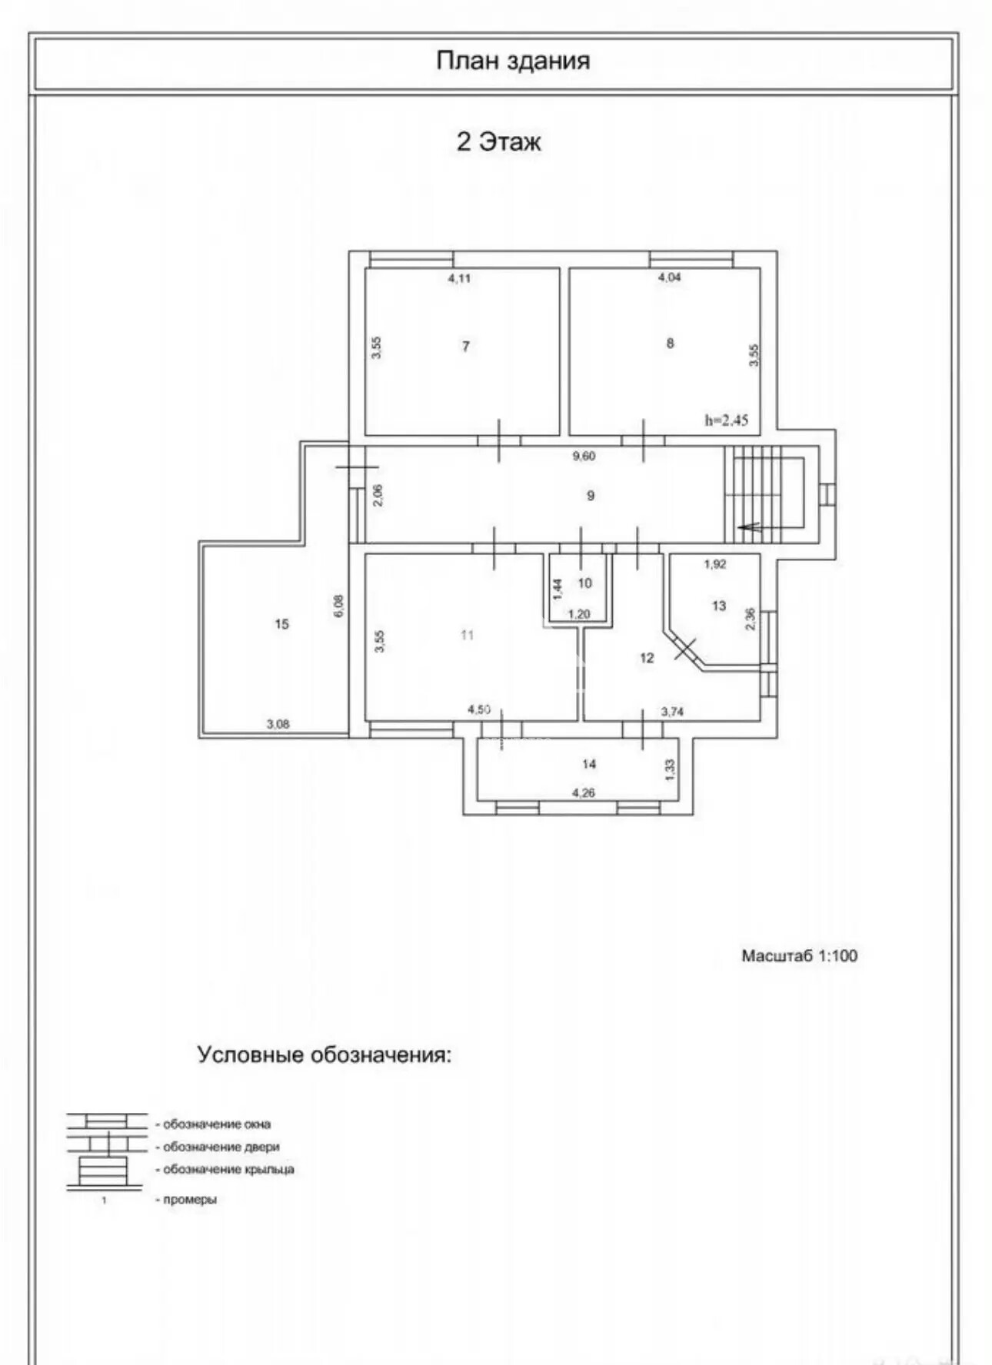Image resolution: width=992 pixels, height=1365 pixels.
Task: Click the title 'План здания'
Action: click(x=513, y=61)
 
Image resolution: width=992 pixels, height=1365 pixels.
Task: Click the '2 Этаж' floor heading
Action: click(x=499, y=141)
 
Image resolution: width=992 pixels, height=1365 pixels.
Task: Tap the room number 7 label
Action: click(x=465, y=347)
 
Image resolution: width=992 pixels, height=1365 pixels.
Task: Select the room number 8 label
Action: click(x=670, y=344)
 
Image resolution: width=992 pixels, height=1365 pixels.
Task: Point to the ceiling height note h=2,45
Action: click(x=726, y=420)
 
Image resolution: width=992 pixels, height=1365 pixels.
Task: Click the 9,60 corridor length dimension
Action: click(x=584, y=456)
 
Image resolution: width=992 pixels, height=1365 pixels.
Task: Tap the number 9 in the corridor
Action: click(x=591, y=496)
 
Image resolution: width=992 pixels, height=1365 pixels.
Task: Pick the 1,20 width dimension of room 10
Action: click(x=579, y=614)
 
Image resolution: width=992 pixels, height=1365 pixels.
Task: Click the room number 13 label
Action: click(x=719, y=606)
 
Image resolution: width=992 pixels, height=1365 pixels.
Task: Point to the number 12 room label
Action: click(x=647, y=658)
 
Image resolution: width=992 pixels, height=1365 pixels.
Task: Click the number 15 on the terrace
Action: click(x=281, y=624)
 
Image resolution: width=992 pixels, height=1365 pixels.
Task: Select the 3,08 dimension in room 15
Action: click(x=278, y=723)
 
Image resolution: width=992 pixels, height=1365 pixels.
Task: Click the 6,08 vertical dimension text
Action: click(x=339, y=606)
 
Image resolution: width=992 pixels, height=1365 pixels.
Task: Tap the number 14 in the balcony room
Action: click(x=589, y=764)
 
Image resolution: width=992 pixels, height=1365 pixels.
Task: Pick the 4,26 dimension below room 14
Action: click(x=584, y=792)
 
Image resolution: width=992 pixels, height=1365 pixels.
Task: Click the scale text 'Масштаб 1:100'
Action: click(x=800, y=956)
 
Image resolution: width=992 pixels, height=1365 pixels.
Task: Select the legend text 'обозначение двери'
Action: click(x=221, y=1147)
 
